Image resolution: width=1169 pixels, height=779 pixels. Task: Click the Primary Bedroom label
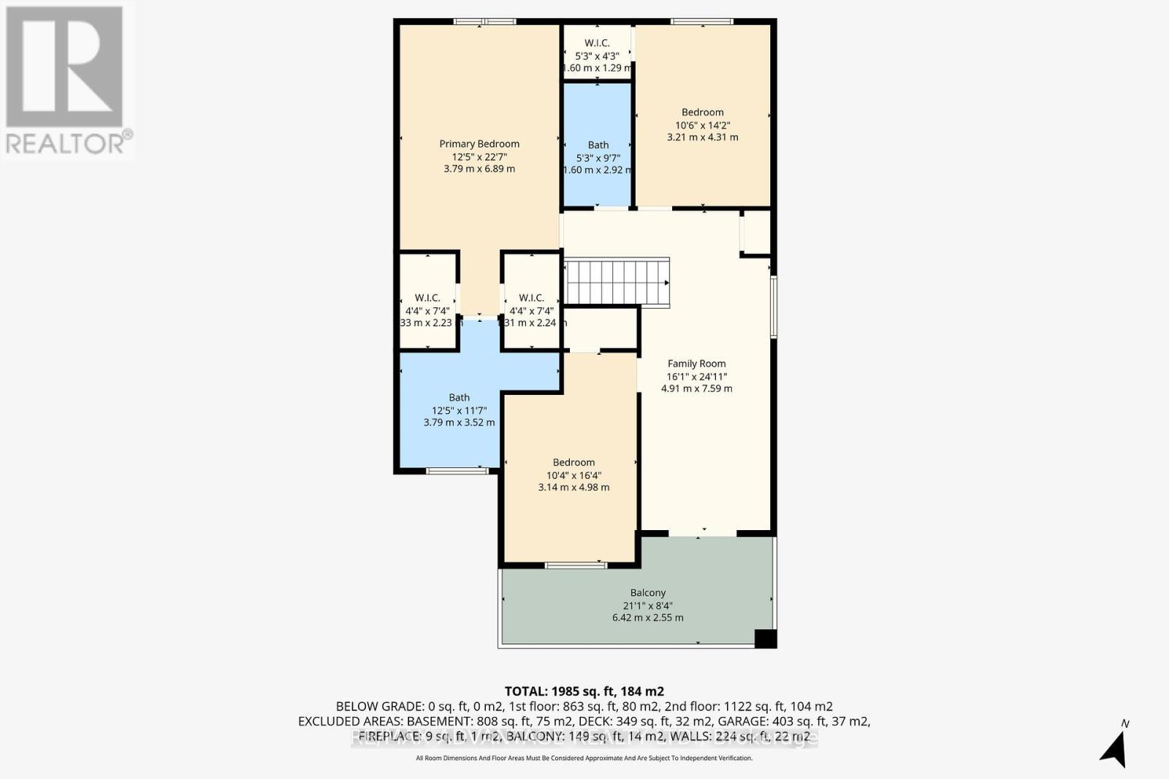tap(479, 144)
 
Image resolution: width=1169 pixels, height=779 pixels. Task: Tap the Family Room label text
tap(696, 364)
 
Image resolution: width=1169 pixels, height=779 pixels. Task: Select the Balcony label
tap(647, 593)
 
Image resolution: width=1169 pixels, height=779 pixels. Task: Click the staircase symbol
tap(617, 282)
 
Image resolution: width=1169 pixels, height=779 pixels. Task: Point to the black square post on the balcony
tap(765, 638)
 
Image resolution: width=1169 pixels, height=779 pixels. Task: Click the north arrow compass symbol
tap(1115, 748)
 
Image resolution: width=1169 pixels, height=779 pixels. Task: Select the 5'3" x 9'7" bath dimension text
tap(598, 158)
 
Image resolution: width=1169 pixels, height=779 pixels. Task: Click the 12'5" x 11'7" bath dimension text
tap(459, 410)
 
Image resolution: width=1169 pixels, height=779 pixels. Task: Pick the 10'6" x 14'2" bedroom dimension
tap(702, 125)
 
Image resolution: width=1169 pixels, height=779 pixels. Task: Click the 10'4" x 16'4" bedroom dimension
tap(574, 475)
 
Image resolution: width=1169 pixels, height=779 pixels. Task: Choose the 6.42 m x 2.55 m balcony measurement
tap(647, 618)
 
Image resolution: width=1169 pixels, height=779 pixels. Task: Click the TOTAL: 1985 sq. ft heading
tap(584, 691)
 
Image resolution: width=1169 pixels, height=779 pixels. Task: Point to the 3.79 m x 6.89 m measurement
tap(479, 169)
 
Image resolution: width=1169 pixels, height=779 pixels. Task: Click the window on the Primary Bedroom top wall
tap(484, 22)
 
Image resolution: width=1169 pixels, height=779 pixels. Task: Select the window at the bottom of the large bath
tap(457, 470)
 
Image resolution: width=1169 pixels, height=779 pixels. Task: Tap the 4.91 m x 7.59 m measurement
tap(696, 388)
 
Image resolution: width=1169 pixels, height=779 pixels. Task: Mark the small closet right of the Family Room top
tap(756, 233)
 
